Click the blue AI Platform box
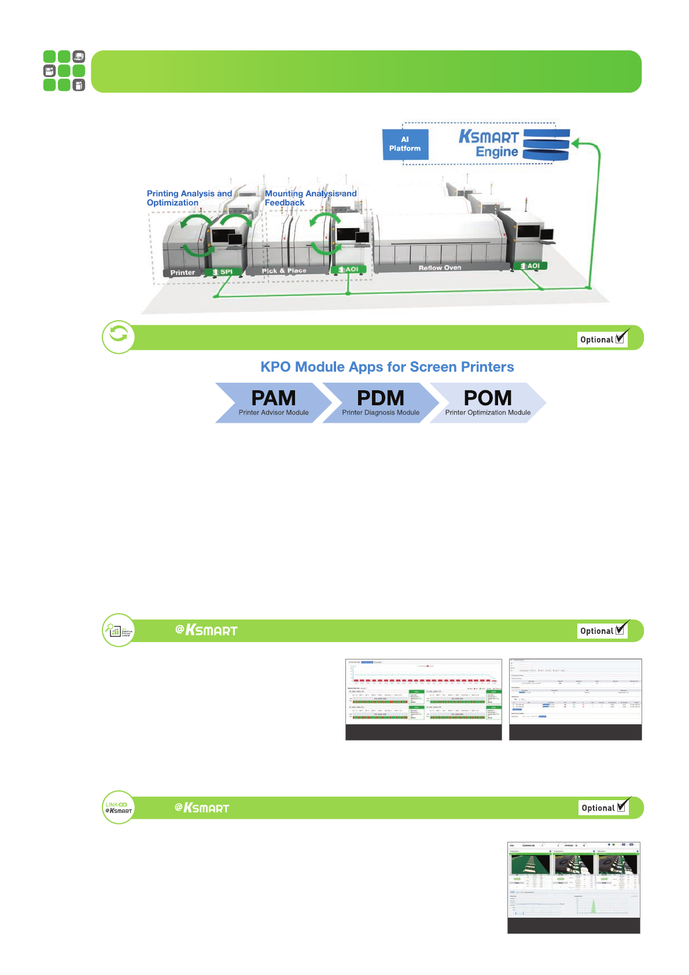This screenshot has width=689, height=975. (x=405, y=144)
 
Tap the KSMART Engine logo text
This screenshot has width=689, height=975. (x=489, y=144)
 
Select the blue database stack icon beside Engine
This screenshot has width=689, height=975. (x=546, y=144)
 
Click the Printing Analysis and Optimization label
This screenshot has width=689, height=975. (x=189, y=198)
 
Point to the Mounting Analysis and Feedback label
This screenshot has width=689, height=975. (x=311, y=198)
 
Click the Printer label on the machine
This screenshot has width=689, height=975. (x=183, y=273)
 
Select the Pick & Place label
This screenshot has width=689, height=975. (x=284, y=271)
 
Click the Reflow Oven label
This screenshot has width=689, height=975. (x=440, y=268)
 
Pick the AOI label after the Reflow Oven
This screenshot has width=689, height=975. (x=530, y=266)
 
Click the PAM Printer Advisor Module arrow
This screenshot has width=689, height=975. (x=273, y=402)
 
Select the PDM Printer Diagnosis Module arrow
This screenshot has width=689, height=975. (x=380, y=402)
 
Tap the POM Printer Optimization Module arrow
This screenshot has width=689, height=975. (x=487, y=402)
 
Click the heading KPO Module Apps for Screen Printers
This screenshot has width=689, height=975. (x=387, y=367)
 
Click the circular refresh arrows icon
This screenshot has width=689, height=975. (x=119, y=337)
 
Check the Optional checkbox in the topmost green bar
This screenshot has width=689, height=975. (x=620, y=339)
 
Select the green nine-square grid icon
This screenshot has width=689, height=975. (x=64, y=71)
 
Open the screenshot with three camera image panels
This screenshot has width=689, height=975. (x=573, y=887)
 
